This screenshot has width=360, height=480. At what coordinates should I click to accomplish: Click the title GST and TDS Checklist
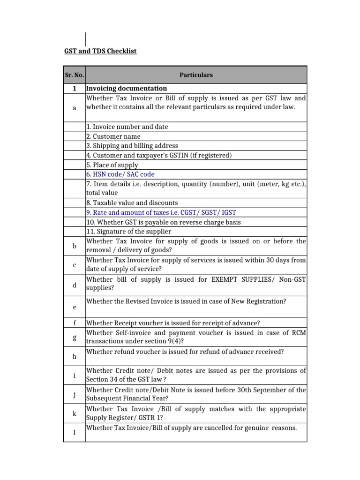click(x=100, y=51)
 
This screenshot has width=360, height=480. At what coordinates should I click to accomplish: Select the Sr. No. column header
click(x=74, y=75)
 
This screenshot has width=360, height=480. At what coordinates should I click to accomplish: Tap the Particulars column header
click(x=196, y=75)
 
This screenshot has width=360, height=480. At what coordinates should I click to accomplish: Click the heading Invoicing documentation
click(x=127, y=88)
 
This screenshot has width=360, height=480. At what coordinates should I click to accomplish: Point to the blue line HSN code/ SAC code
click(x=120, y=174)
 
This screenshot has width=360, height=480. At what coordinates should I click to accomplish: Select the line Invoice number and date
click(x=127, y=127)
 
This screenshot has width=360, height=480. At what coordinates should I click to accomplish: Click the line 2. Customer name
click(x=113, y=136)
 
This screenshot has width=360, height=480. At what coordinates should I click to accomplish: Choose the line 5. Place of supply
click(x=112, y=165)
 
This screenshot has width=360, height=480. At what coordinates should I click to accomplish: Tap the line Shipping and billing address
click(x=132, y=146)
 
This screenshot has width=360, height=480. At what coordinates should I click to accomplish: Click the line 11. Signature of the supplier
click(x=128, y=231)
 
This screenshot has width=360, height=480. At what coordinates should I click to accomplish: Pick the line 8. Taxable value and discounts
click(x=132, y=202)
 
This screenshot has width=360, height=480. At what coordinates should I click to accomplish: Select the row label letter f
click(x=74, y=323)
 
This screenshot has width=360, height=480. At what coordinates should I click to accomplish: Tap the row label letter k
click(x=74, y=413)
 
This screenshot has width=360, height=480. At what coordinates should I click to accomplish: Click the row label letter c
click(x=74, y=265)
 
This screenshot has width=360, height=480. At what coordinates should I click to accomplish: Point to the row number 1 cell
click(x=74, y=88)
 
